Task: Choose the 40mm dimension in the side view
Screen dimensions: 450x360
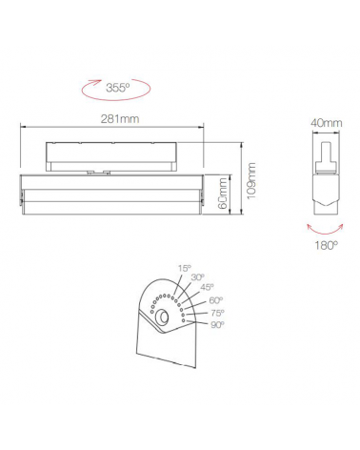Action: (326, 123)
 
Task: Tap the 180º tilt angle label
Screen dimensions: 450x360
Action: (327, 245)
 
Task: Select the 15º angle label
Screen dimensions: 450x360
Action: (184, 268)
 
